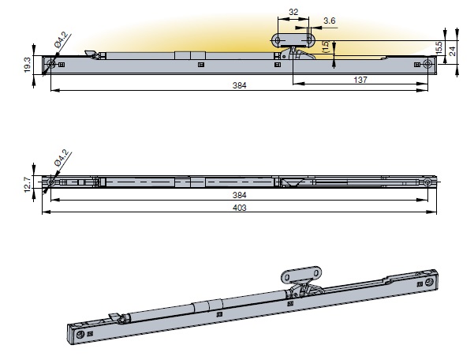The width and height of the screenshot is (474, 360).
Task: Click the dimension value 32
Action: click(x=293, y=13)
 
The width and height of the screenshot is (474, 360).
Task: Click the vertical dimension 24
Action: click(x=452, y=50)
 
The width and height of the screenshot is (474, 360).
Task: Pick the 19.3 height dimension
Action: click(x=26, y=65)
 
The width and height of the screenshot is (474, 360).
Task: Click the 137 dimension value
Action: click(x=360, y=81)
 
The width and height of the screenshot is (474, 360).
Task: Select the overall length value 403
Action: click(x=240, y=208)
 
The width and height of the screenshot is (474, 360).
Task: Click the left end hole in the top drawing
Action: click(x=51, y=63)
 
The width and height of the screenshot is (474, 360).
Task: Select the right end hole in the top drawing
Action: click(x=428, y=63)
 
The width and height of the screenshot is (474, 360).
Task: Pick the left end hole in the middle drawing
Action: click(x=51, y=183)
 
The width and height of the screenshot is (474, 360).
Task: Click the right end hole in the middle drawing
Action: click(x=427, y=183)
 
